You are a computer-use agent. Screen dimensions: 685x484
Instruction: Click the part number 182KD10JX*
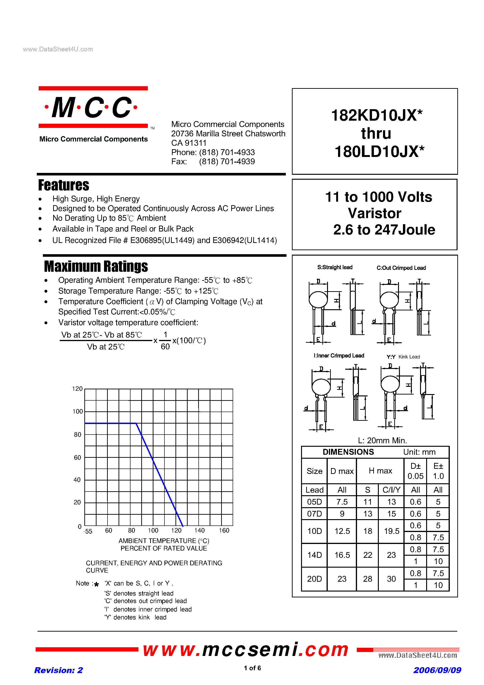point(376,115)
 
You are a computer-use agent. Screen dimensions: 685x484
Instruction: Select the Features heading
point(63,185)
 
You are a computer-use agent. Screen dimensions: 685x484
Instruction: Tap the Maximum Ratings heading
point(96,266)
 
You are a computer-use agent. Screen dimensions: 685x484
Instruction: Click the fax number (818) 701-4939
point(227,162)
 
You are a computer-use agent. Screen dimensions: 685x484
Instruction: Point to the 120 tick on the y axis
point(77,389)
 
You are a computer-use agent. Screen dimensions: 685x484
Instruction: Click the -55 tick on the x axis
point(88,531)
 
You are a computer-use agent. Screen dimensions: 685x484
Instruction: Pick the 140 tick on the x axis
point(199,530)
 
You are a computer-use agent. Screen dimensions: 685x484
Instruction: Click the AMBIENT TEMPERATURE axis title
point(164,541)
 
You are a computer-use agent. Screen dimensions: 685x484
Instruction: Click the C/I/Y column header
point(391,490)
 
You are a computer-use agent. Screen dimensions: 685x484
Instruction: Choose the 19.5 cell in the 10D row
point(391,531)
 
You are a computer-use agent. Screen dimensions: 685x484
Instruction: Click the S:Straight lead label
point(335,267)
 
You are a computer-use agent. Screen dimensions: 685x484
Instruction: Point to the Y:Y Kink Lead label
point(403,357)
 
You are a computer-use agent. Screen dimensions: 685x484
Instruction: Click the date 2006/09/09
point(437,670)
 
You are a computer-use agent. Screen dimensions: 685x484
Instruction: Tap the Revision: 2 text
point(59,670)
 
